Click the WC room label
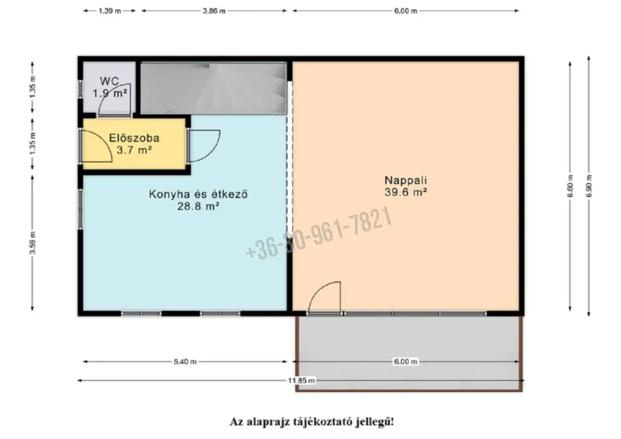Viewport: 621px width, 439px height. (109, 81)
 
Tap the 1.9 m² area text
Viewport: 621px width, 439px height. (110, 93)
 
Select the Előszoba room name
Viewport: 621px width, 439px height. (134, 138)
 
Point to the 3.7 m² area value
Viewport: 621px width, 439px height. (134, 150)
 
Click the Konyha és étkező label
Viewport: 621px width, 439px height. (198, 195)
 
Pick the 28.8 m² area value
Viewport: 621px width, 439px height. (198, 206)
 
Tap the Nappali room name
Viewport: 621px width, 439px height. (406, 181)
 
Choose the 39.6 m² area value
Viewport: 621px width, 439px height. (406, 192)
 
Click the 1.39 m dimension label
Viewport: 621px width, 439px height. (110, 11)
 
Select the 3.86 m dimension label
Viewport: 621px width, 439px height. (214, 11)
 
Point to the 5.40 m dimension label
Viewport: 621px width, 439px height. (185, 362)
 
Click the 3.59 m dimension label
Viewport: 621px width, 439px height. (33, 243)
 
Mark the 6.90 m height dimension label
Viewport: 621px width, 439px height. (589, 186)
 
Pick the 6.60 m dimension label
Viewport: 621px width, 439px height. (570, 186)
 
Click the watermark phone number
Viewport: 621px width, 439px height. (319, 233)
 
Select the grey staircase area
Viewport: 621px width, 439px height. (213, 89)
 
